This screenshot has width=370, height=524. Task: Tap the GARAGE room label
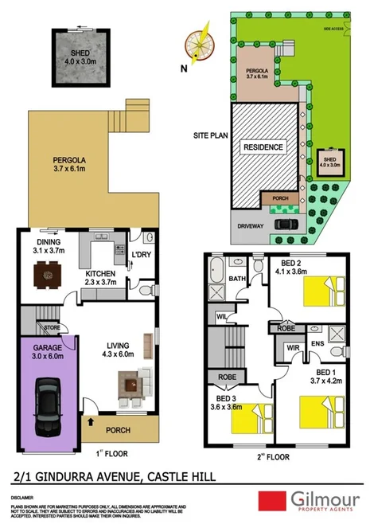tap(47, 348)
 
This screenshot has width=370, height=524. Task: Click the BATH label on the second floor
tap(237, 279)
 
